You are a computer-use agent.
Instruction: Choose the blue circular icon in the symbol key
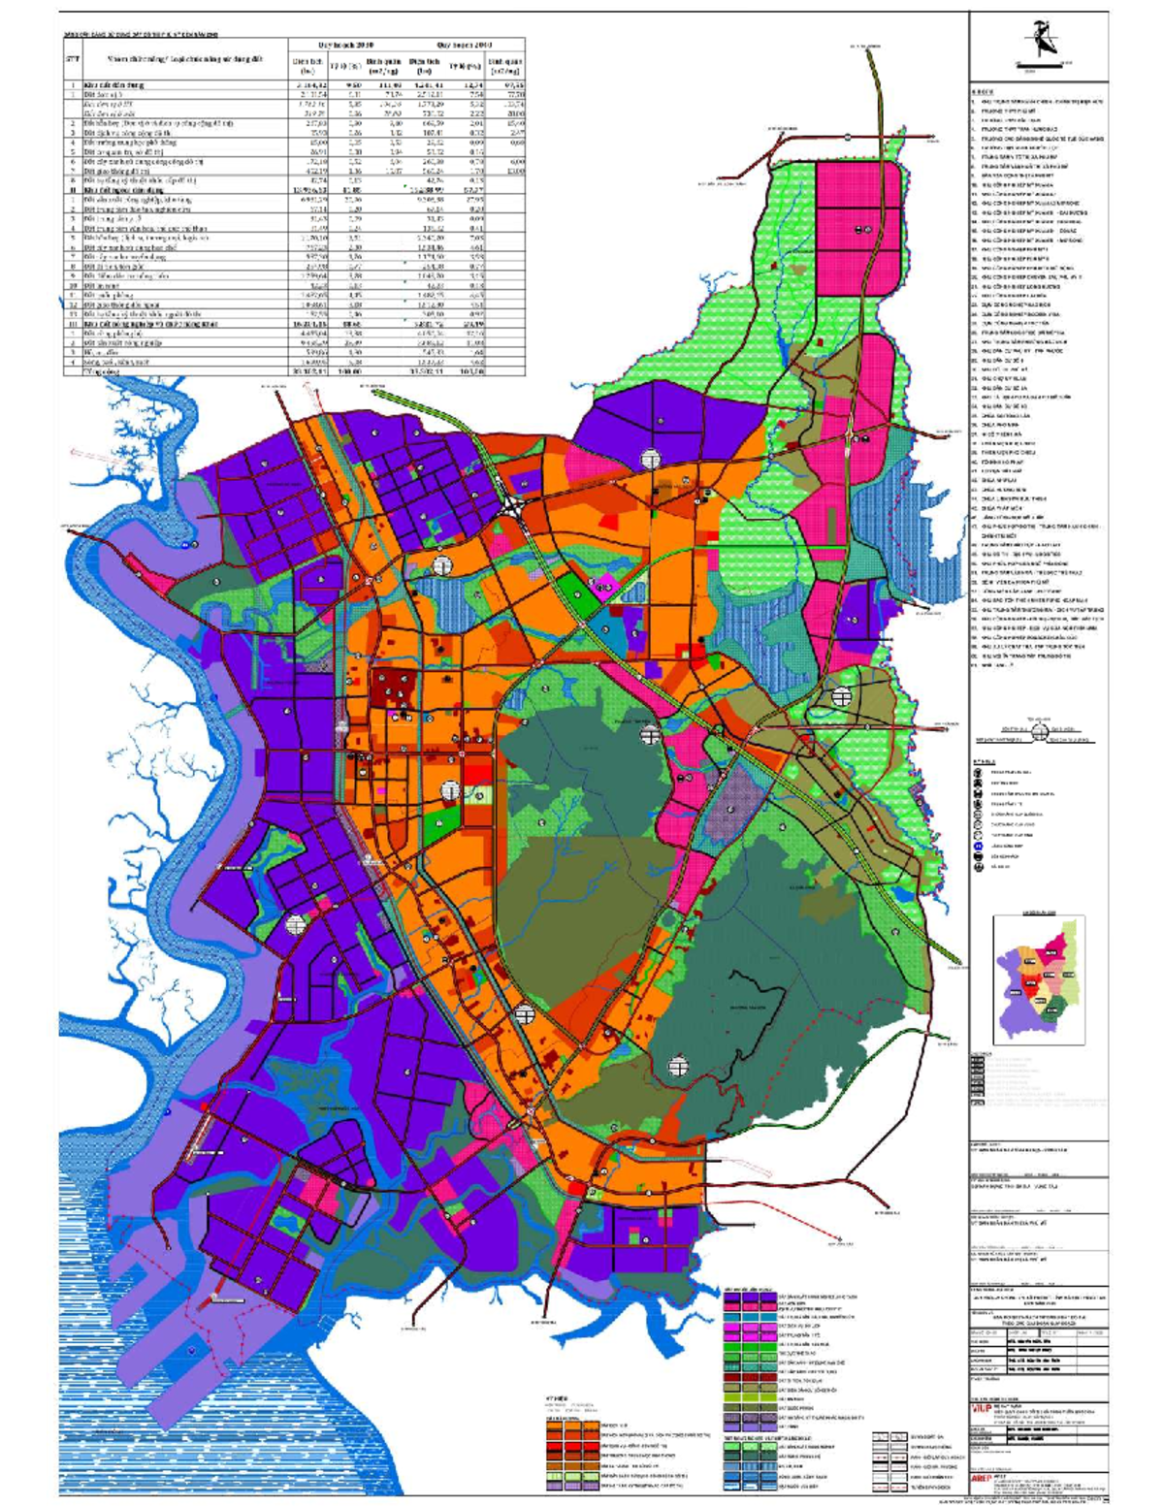[x=978, y=846]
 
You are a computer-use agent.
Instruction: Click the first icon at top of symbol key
[x=978, y=773]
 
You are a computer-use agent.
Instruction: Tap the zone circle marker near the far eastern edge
[x=841, y=695]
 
